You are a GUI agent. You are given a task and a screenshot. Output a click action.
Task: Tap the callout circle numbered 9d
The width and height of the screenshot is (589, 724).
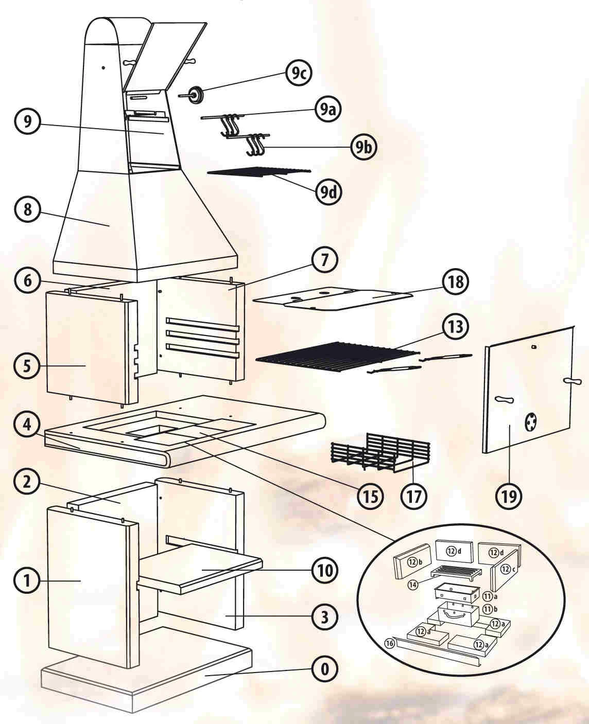(328, 191)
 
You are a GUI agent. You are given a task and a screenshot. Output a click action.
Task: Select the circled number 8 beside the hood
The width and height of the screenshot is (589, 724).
(27, 210)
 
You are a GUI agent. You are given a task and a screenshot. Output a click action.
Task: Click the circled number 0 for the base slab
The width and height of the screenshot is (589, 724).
(324, 669)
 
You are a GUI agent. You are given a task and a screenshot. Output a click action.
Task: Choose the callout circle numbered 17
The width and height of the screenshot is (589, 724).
(414, 496)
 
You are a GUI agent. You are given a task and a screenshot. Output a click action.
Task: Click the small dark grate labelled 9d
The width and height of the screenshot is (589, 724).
(260, 172)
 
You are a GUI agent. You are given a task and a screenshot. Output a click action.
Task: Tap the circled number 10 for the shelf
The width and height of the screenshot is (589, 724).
(324, 570)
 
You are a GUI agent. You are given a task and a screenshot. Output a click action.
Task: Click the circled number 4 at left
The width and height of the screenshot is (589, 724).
(27, 425)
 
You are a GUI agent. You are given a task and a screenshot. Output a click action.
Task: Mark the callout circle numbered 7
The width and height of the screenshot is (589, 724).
(324, 260)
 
